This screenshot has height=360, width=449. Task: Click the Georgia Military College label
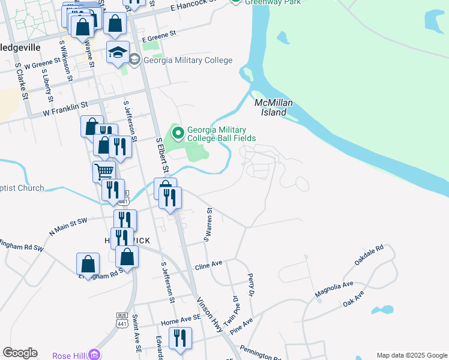pyautogui.click(x=187, y=60)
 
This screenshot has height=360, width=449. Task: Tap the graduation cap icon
pyautogui.click(x=118, y=52)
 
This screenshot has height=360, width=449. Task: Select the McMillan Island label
pyautogui.click(x=274, y=107)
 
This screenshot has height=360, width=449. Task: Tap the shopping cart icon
pyautogui.click(x=104, y=171)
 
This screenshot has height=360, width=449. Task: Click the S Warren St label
pyautogui.click(x=209, y=224)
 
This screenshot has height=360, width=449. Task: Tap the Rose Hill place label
pyautogui.click(x=70, y=355)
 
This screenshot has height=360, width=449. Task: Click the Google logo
pyautogui.click(x=20, y=353)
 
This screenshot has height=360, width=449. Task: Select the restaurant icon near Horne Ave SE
pyautogui.click(x=179, y=338)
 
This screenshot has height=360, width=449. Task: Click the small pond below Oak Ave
pyautogui.click(x=382, y=310)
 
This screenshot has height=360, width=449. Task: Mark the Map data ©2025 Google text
pyautogui.click(x=411, y=355)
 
